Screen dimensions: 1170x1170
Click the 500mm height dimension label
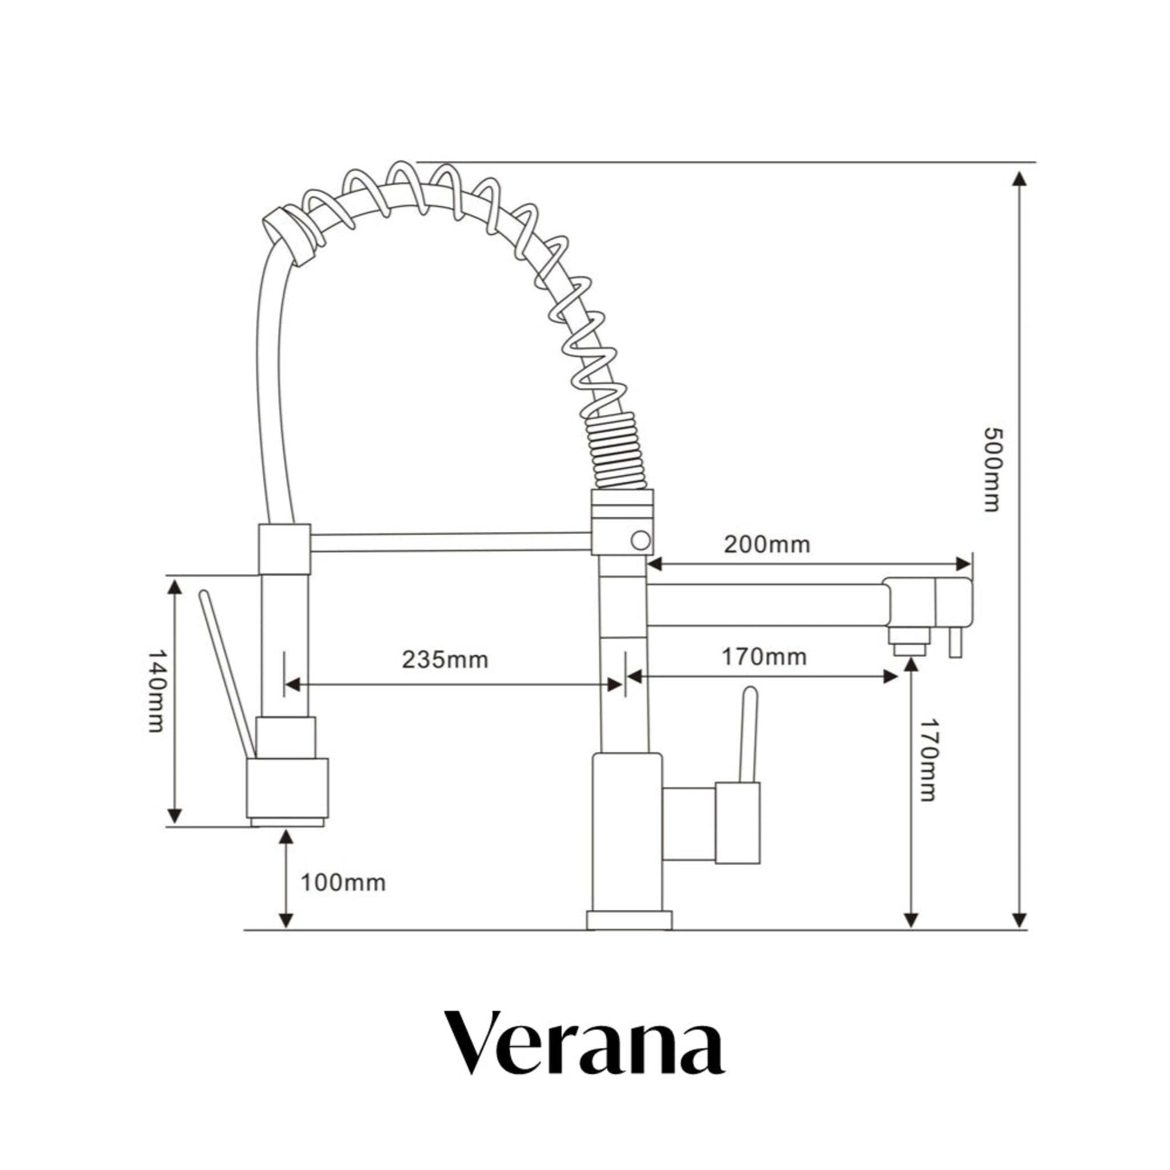(991, 470)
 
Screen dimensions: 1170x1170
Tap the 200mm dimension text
(767, 545)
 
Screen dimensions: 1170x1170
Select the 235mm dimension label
(445, 660)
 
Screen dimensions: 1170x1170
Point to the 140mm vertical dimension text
(156, 691)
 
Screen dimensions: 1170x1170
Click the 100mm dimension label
(343, 883)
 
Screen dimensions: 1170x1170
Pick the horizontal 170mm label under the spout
(764, 657)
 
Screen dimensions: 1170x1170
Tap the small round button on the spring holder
(640, 540)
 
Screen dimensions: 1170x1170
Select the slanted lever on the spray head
(227, 672)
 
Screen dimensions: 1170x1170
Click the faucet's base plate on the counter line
(629, 920)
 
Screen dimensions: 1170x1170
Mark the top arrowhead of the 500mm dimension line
(1020, 180)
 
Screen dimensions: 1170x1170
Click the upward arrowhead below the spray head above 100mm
(286, 838)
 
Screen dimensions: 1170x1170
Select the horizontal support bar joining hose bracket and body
(450, 542)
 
